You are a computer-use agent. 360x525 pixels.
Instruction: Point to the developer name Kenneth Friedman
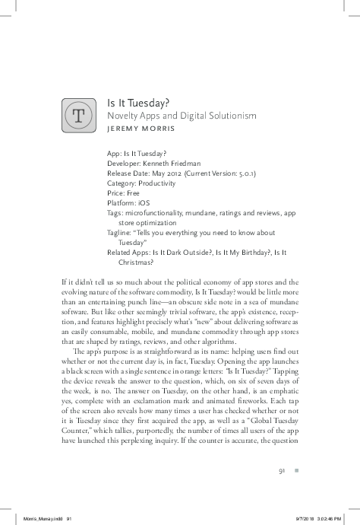click(175, 163)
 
